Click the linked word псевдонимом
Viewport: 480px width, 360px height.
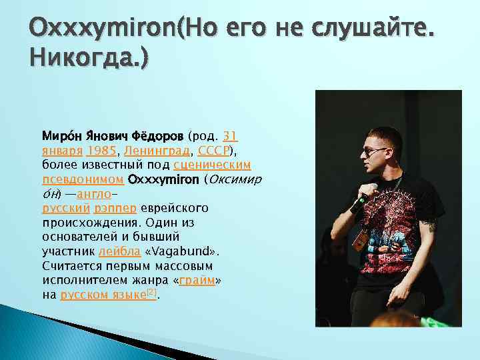tap(83, 179)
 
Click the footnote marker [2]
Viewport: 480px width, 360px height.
tap(151, 292)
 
